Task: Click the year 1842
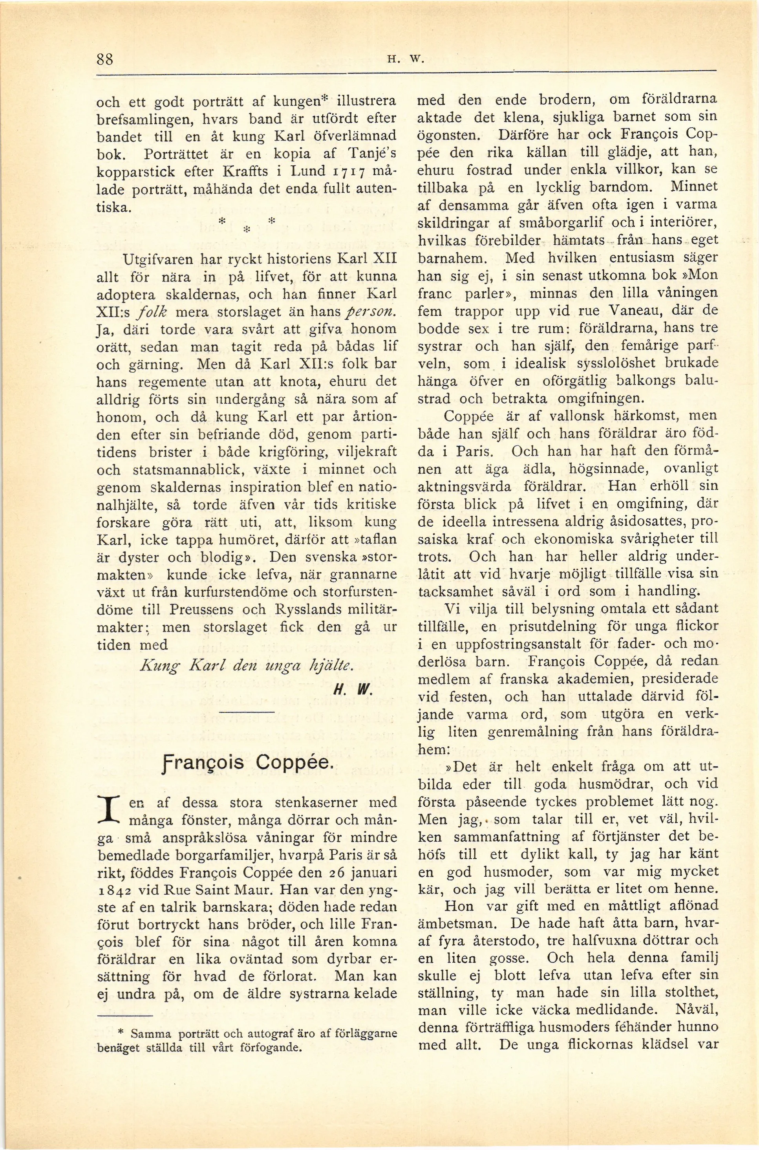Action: click(114, 890)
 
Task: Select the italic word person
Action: click(375, 312)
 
